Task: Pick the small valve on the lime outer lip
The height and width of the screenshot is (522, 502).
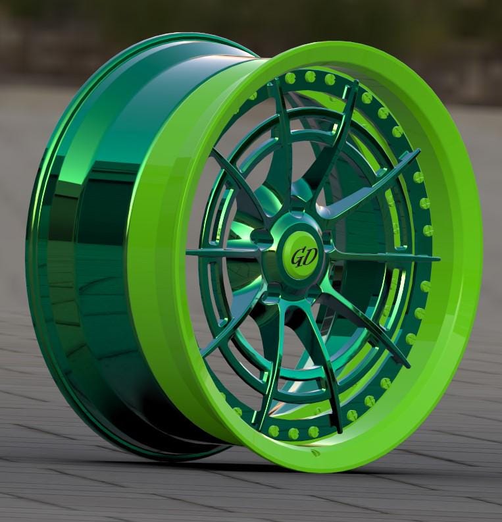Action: tap(315, 452)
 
